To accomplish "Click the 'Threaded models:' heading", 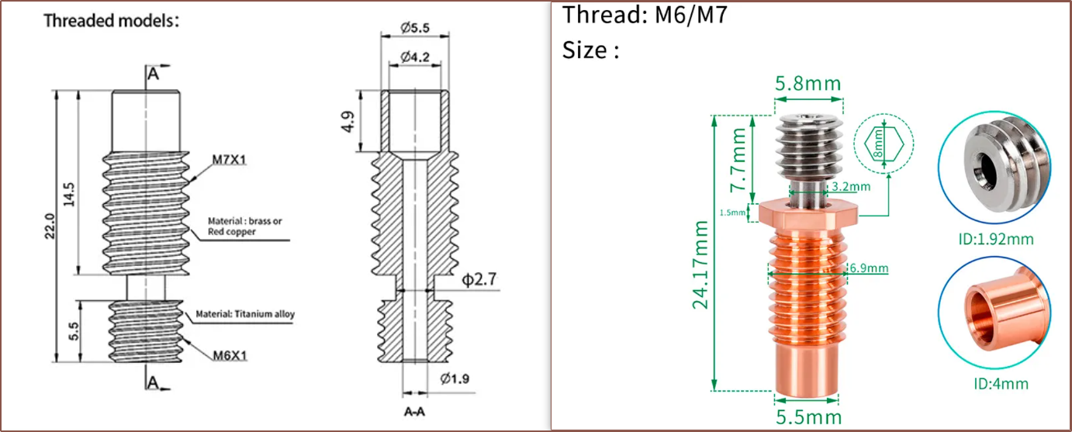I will pos(111,21).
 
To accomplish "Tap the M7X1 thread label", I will pos(231,161).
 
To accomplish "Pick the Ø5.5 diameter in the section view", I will pos(415,28).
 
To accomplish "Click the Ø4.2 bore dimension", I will pos(416,57).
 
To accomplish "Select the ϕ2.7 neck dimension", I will pos(479,280).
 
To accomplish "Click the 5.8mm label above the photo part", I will pos(807,83).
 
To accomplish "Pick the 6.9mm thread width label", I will pos(868,268).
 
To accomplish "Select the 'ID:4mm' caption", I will pos(1001,383).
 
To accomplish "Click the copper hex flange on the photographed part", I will pos(807,211).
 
